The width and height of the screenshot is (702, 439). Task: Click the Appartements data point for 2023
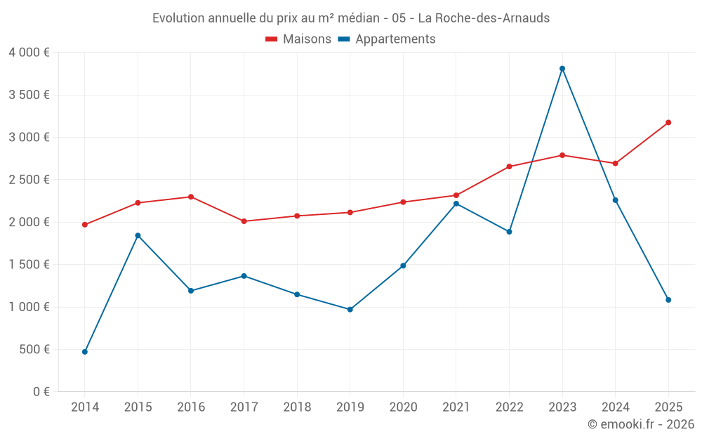(x=562, y=68)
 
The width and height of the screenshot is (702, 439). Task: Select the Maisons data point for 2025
(x=668, y=122)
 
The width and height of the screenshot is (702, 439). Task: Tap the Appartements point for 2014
(x=85, y=351)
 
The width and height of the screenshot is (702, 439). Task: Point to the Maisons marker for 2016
(x=191, y=197)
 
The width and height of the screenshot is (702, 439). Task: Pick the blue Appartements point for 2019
(x=350, y=309)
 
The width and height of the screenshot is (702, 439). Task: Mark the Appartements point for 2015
(x=138, y=235)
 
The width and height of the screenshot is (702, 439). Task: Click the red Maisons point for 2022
(x=509, y=166)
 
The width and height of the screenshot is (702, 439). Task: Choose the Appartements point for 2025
(x=668, y=300)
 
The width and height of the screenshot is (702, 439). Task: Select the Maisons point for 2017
(x=244, y=221)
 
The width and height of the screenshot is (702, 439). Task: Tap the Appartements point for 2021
(x=456, y=204)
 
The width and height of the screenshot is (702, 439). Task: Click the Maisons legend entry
(x=298, y=39)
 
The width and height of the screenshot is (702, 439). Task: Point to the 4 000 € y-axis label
(x=29, y=53)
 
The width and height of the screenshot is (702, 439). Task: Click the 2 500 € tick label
(x=29, y=180)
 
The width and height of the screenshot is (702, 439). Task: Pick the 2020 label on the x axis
(x=403, y=407)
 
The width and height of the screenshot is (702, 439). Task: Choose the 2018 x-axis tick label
(x=297, y=407)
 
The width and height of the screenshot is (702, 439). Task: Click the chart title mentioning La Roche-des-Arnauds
(x=351, y=18)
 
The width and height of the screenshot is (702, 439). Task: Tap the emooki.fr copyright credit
(x=641, y=424)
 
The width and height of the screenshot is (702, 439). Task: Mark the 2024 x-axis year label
(x=615, y=407)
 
